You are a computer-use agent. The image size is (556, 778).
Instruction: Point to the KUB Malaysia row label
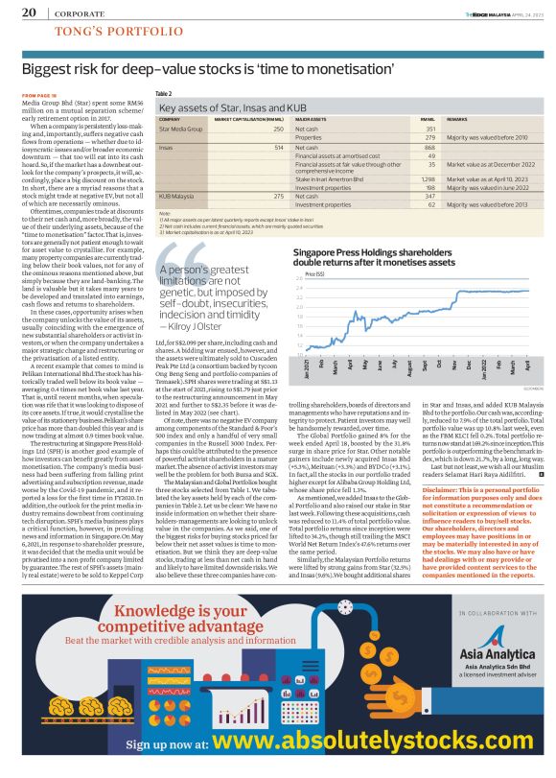pos(176,196)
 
